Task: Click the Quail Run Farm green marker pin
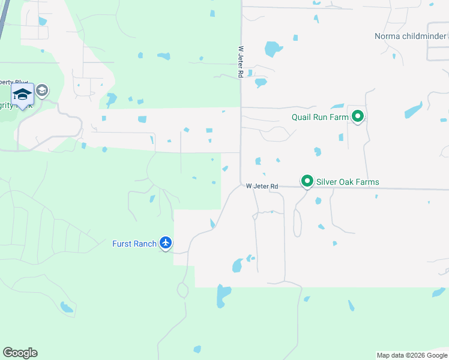(358, 116)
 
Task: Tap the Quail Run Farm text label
(320, 117)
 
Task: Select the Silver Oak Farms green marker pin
(307, 181)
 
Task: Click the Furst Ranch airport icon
(166, 243)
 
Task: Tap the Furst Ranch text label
(134, 244)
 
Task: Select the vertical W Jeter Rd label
(240, 62)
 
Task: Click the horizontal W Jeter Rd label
(262, 187)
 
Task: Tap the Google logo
(20, 353)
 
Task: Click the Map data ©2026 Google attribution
(412, 355)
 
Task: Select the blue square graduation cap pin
(22, 95)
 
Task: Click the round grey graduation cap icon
(42, 91)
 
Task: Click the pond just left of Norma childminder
(273, 48)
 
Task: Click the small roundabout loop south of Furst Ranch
(182, 290)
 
